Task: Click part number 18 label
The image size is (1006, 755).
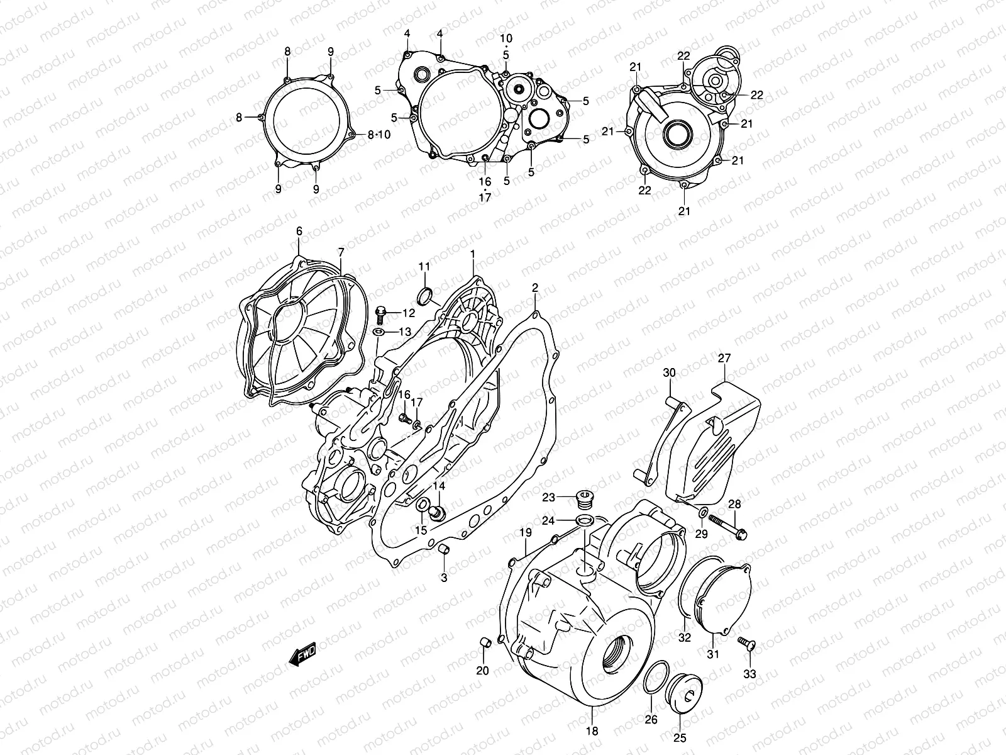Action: pyautogui.click(x=592, y=731)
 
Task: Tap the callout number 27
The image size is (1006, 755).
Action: pyautogui.click(x=724, y=359)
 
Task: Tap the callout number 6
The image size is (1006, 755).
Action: pyautogui.click(x=299, y=232)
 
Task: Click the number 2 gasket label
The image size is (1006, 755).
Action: pyautogui.click(x=535, y=288)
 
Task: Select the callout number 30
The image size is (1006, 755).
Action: pyautogui.click(x=669, y=373)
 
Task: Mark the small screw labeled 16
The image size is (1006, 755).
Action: pyautogui.click(x=406, y=418)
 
